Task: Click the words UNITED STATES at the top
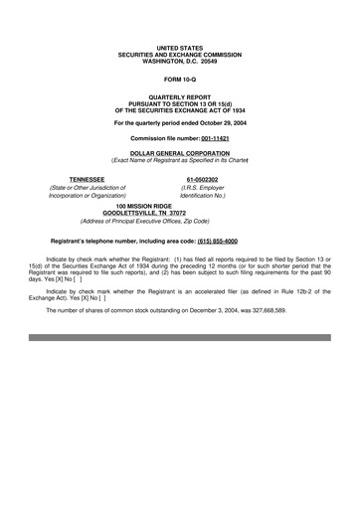coord(180,47)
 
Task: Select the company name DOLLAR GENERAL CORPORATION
coord(180,153)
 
